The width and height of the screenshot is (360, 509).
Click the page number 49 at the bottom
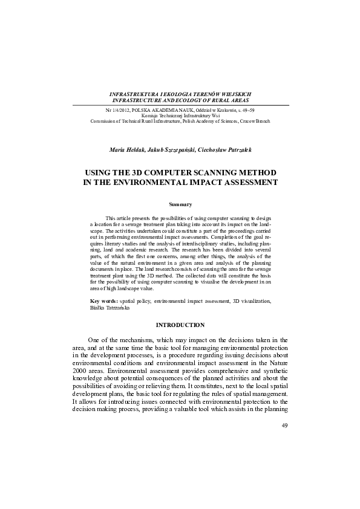click(285, 426)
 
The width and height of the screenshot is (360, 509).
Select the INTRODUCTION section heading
click(180, 325)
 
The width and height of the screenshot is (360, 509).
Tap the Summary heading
click(180, 204)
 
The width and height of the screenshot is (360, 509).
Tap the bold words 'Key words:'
click(103, 300)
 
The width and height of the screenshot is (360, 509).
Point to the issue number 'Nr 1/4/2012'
click(117, 111)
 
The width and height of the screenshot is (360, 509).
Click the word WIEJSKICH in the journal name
click(231, 95)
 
